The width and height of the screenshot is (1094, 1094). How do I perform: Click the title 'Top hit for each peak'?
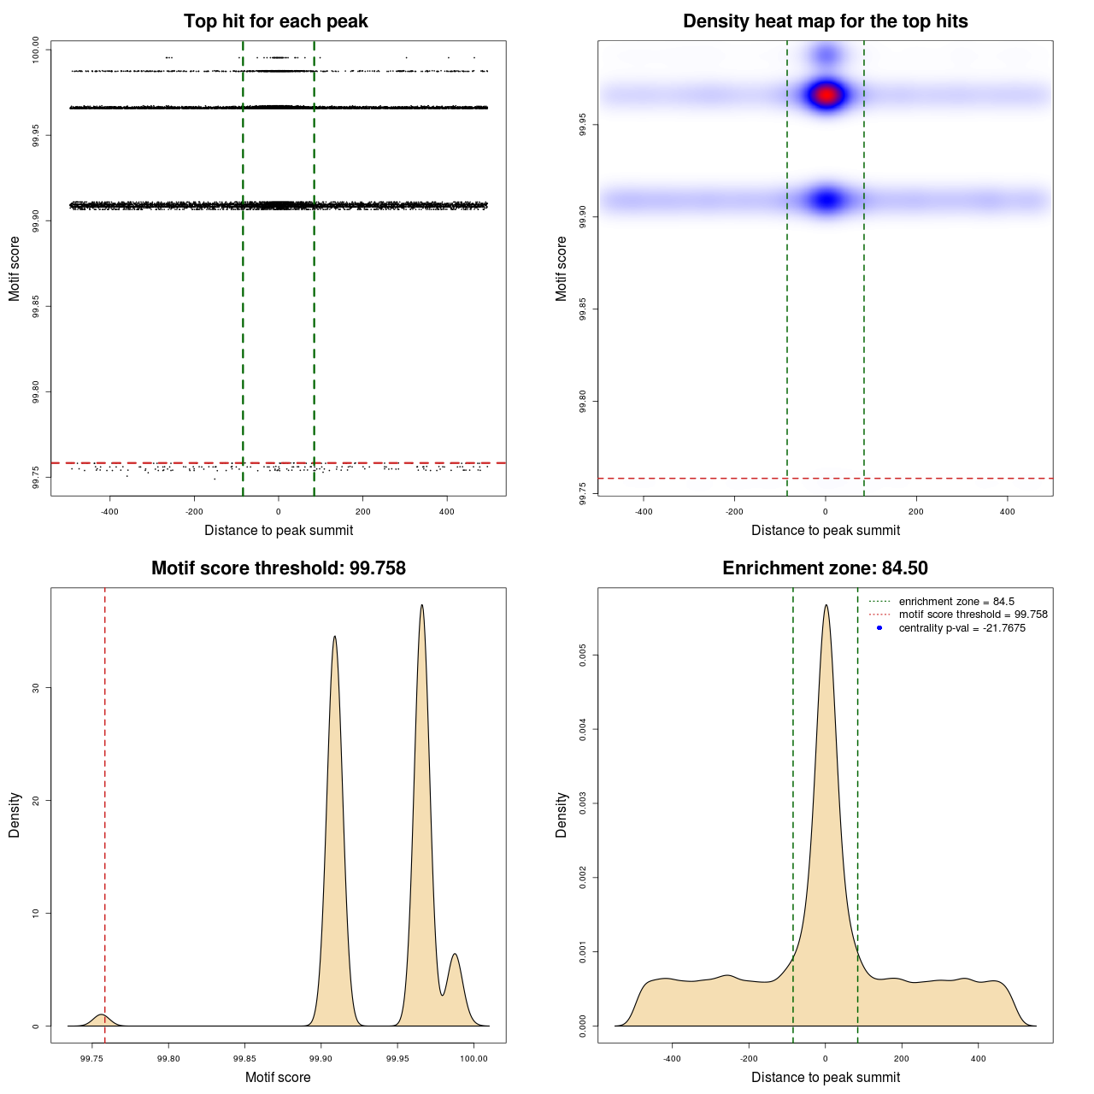click(x=275, y=21)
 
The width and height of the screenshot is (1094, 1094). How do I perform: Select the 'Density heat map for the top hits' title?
click(x=825, y=21)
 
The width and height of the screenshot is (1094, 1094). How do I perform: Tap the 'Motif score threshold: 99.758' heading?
click(x=278, y=568)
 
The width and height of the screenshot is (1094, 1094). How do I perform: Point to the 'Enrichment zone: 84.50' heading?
click(x=825, y=568)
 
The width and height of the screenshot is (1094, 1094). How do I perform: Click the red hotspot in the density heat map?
click(x=826, y=94)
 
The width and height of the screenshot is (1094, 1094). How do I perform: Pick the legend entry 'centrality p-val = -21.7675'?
click(x=962, y=628)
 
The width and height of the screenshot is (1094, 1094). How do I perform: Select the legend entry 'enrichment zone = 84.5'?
click(x=956, y=602)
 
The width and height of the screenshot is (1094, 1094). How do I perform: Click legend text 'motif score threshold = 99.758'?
click(x=973, y=615)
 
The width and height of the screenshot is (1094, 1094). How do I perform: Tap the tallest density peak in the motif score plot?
click(x=421, y=606)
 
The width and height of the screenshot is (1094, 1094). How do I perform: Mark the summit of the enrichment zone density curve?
click(x=826, y=606)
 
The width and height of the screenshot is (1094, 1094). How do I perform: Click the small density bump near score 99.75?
click(x=102, y=1015)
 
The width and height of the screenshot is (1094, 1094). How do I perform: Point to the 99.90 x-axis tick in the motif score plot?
click(x=321, y=1058)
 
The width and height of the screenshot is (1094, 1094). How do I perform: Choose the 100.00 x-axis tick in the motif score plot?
click(x=473, y=1058)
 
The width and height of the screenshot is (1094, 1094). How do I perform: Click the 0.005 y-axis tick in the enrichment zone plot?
click(x=583, y=656)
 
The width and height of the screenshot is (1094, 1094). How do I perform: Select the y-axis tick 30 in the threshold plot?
click(x=36, y=687)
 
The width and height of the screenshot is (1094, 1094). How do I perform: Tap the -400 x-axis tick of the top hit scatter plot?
click(x=109, y=512)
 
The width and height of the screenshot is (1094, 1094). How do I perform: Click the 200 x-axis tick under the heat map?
click(x=916, y=512)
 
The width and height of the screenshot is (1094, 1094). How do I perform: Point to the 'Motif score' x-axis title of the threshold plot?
click(x=278, y=1077)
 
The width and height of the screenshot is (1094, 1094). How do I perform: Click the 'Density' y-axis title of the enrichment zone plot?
click(x=562, y=815)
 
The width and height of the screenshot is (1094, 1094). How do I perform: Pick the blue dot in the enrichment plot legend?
click(x=879, y=628)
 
